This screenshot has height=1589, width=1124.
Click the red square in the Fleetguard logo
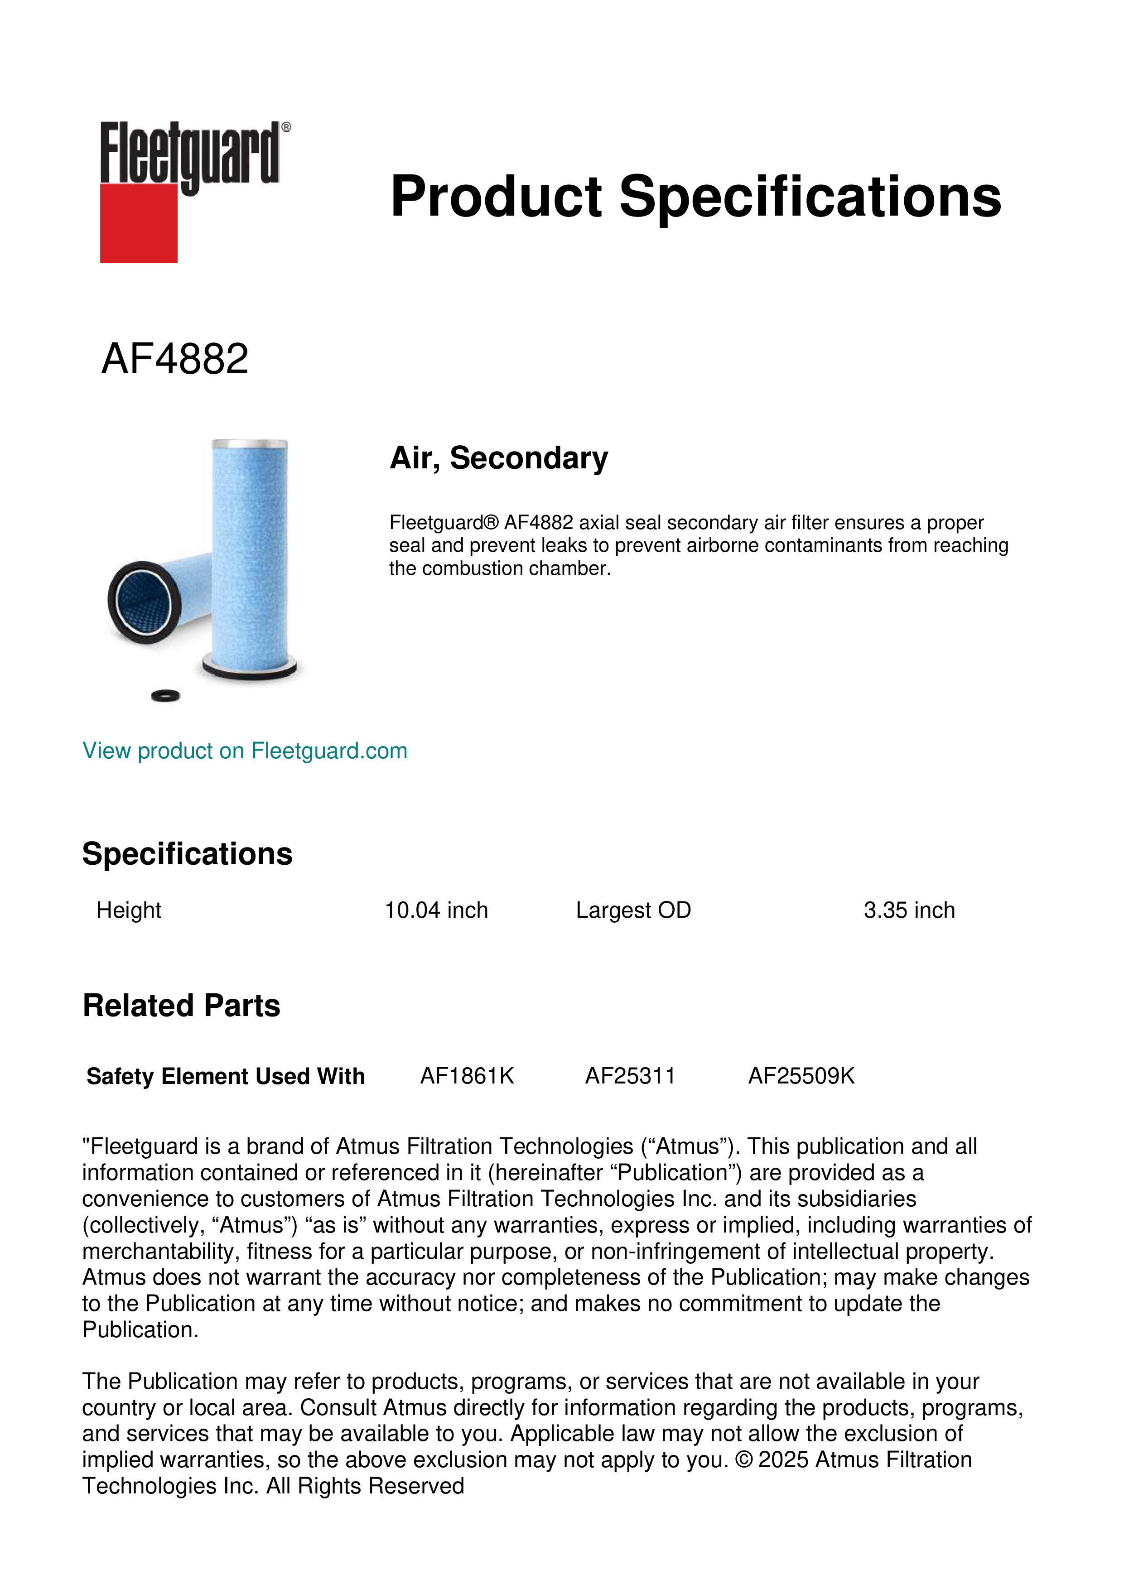[x=139, y=223]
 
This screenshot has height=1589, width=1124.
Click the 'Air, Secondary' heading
[x=498, y=458]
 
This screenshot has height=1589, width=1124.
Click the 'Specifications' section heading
[x=187, y=853]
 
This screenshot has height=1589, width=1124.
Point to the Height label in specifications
[x=129, y=910]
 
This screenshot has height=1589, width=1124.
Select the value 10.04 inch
[x=436, y=910]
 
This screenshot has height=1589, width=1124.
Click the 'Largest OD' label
[x=633, y=910]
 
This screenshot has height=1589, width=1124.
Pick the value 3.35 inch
[x=909, y=910]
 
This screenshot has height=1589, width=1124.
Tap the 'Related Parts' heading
[x=181, y=1006]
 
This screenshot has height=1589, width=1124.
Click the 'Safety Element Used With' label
[x=226, y=1076]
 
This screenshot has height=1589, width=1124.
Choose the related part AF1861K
[x=467, y=1076]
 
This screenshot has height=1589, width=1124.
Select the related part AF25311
[x=630, y=1076]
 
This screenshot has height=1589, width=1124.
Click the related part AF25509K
[x=801, y=1076]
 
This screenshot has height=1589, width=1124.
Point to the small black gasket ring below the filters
[x=165, y=696]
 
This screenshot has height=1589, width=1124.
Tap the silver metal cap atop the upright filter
[x=249, y=443]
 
